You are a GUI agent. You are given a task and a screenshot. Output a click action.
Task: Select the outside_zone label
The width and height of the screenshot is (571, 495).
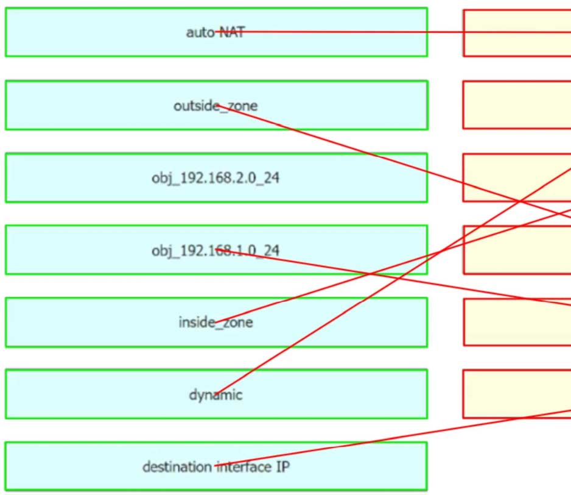point(215,105)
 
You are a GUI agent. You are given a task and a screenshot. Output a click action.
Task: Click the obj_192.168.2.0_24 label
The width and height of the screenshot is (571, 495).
point(215,179)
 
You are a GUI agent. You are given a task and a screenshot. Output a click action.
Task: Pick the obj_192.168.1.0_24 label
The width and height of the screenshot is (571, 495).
point(215,251)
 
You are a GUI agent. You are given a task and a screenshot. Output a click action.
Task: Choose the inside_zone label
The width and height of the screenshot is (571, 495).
point(215,322)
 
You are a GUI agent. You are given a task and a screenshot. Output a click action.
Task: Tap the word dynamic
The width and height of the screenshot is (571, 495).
point(215,394)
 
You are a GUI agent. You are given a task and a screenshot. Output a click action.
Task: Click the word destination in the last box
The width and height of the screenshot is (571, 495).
point(177,467)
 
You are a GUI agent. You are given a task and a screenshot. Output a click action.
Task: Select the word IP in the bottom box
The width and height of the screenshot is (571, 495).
point(281,467)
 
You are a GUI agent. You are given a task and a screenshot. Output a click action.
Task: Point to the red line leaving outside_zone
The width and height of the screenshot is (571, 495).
point(365,149)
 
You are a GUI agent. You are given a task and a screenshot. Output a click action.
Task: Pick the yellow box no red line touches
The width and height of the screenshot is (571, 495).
point(517,105)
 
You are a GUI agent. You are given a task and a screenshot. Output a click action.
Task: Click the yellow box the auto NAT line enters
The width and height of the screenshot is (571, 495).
point(517,32)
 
